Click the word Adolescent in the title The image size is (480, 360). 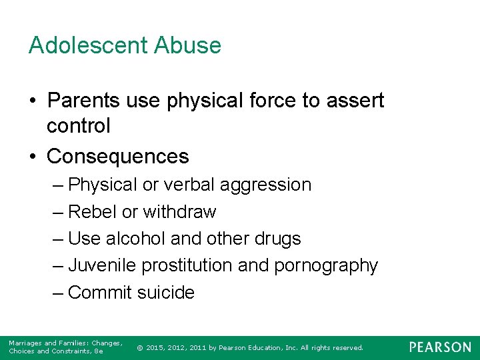89,45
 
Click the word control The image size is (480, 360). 79,125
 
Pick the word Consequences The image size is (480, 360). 118,156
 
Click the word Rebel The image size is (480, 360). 93,212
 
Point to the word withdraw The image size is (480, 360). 179,212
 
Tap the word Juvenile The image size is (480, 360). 102,265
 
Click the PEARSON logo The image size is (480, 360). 440,347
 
